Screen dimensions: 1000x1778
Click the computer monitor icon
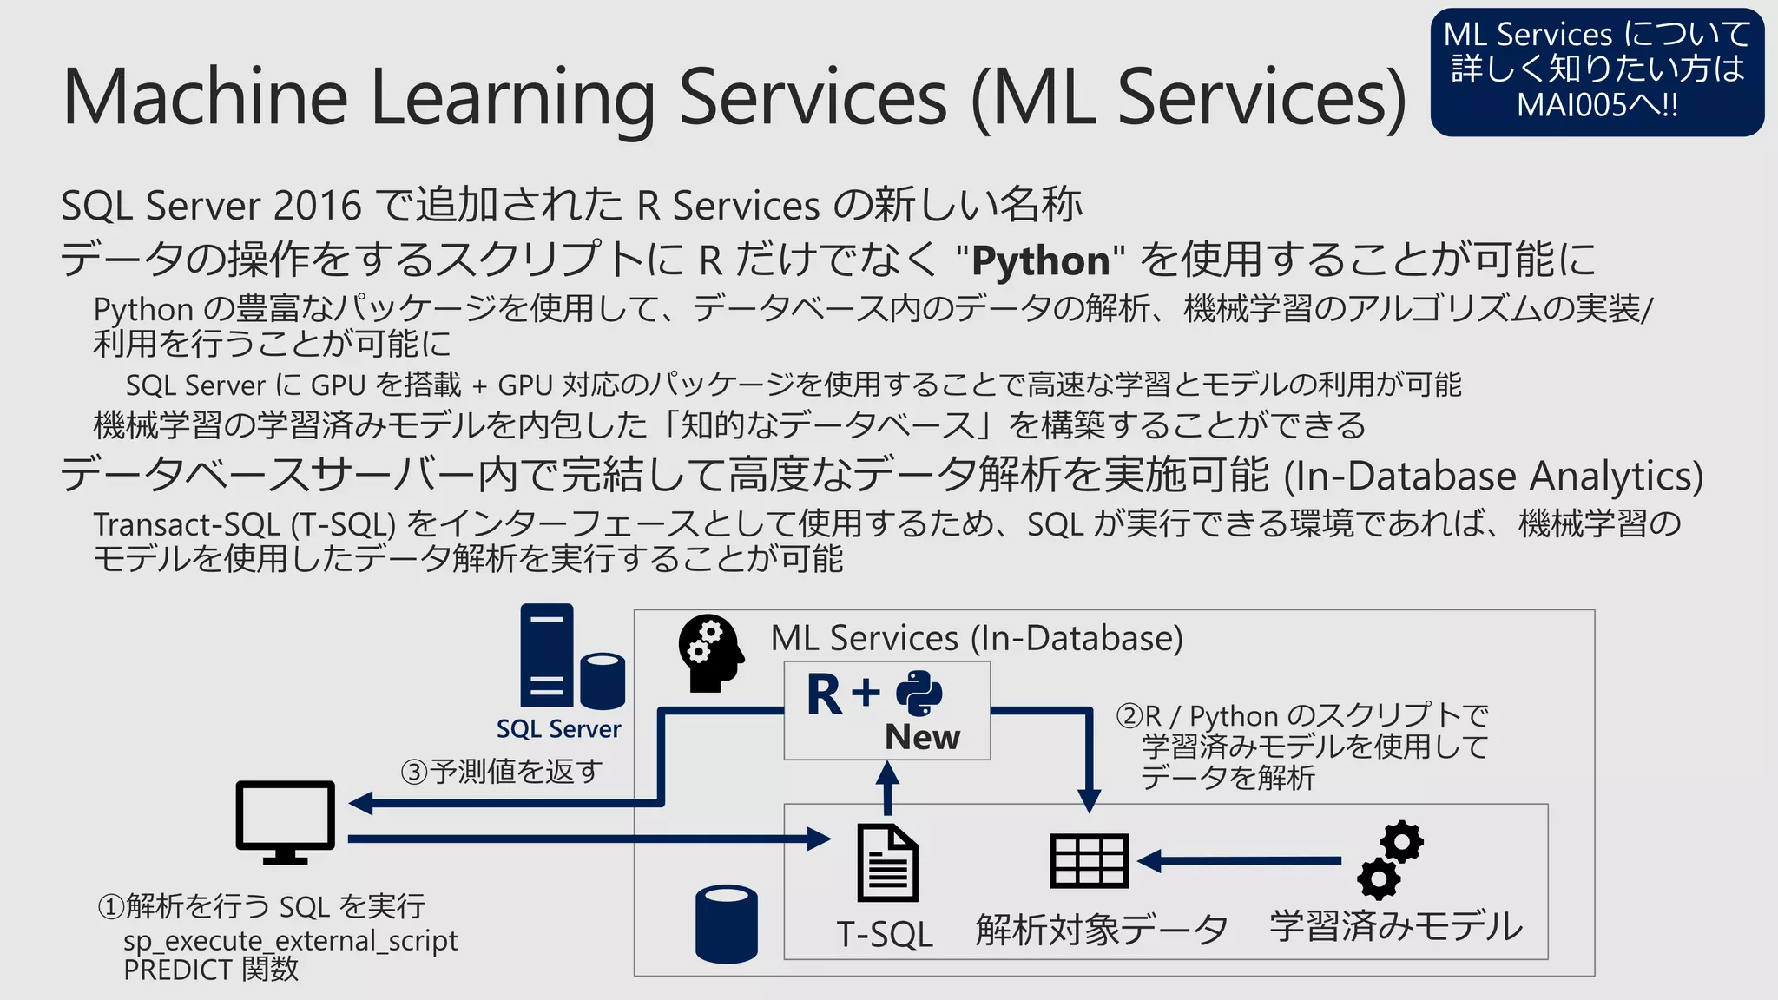[x=285, y=821]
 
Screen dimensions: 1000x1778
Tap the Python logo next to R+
[x=919, y=693]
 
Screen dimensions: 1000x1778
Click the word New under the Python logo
[x=922, y=737]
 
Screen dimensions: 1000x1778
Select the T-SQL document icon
[x=886, y=863]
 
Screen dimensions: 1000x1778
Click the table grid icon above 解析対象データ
[x=1089, y=861]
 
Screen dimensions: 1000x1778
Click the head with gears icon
[x=710, y=653]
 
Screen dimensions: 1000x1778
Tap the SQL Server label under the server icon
[x=558, y=729]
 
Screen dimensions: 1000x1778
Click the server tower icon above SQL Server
[x=548, y=655]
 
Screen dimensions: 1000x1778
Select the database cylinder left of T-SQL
[x=727, y=924]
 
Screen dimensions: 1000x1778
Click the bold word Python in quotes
[x=1040, y=260]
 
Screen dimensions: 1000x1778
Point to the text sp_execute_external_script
[x=290, y=940]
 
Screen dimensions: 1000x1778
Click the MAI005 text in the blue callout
[x=1571, y=106]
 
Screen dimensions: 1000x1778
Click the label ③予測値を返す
[x=501, y=771]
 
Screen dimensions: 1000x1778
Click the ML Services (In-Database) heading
[x=977, y=638]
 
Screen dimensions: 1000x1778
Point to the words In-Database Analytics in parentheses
[x=1492, y=476]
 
